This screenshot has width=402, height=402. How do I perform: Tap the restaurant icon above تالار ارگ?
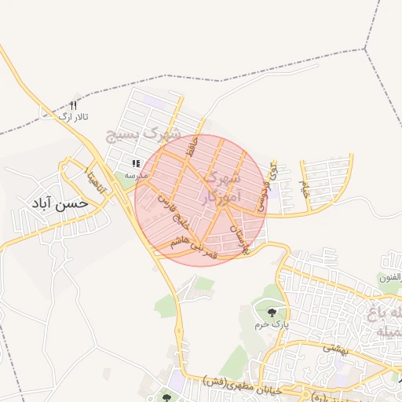(x=74, y=105)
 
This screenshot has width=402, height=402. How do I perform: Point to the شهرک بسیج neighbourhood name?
(x=154, y=131)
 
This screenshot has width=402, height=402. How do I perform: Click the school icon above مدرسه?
(x=136, y=164)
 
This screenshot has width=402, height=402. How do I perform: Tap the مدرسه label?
(x=126, y=176)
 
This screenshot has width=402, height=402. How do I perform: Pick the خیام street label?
(x=305, y=188)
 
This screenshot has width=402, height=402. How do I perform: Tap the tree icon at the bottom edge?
(x=166, y=397)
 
